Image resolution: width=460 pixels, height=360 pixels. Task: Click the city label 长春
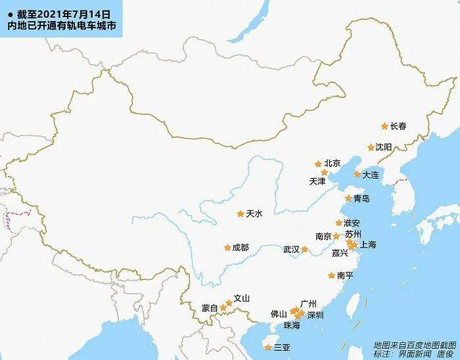pos(399,126)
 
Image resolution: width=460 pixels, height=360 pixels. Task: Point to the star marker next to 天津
pos(324,172)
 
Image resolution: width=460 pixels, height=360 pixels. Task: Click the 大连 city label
pos(371,175)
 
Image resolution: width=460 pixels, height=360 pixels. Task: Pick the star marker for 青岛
pos(349,198)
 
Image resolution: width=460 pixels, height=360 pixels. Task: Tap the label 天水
pos(254,214)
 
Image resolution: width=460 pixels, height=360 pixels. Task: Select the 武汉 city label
pos(291,250)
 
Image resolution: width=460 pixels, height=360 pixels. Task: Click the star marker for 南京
pos(336,236)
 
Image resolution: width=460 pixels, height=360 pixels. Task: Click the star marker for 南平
pos(332,276)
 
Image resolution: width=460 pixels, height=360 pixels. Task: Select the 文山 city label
pos(242,298)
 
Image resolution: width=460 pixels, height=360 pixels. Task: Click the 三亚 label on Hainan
pos(282,347)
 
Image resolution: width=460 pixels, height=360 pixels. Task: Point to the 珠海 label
pos(292,325)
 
